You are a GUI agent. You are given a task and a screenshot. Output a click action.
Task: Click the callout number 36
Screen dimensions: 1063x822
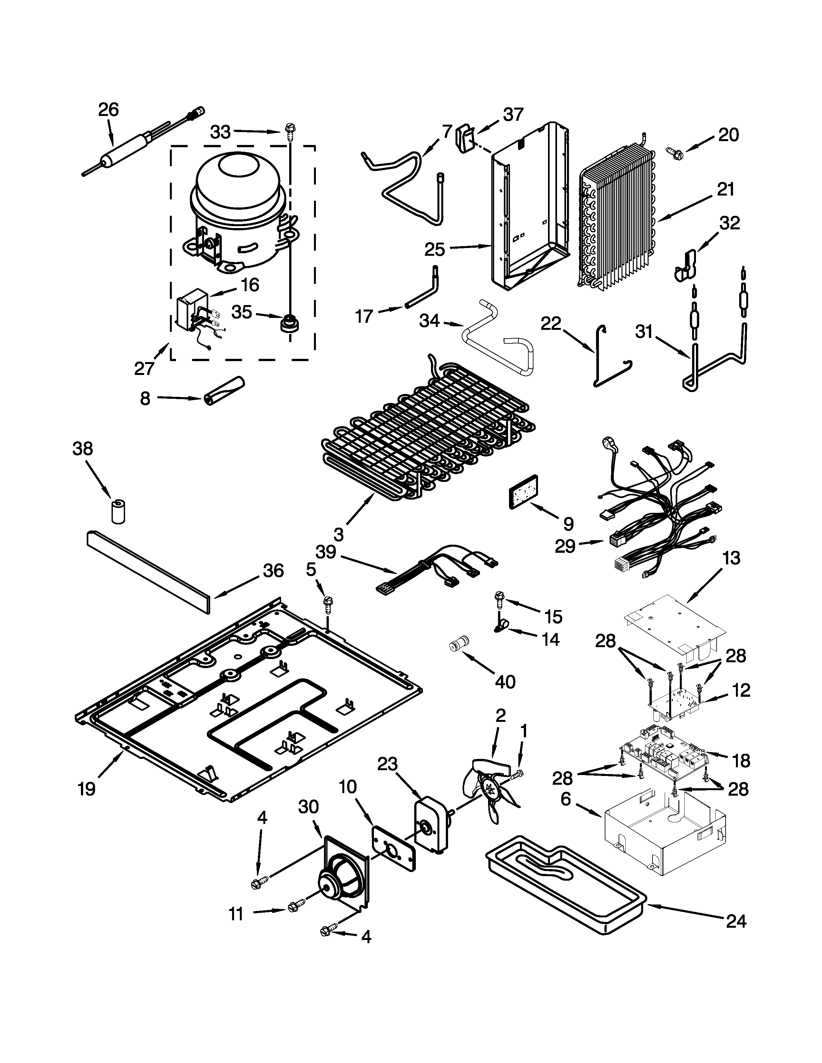click(x=273, y=570)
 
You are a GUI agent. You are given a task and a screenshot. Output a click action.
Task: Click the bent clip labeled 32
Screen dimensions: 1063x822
click(x=686, y=266)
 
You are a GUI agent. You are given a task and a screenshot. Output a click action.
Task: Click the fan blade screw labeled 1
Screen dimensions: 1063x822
click(x=519, y=774)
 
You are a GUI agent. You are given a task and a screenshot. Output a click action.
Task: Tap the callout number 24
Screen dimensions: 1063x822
click(x=736, y=935)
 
